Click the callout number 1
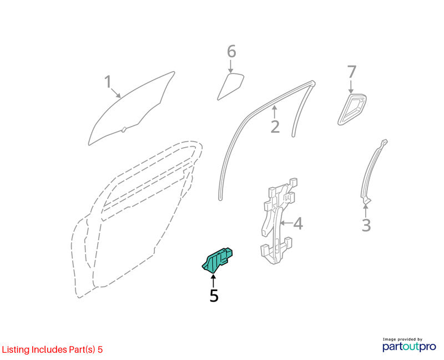coord(108,82)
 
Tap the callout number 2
coord(275,127)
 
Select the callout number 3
coord(366,226)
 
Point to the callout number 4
coord(298,223)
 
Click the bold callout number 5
coord(214,296)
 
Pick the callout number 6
coord(231,52)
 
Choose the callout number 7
coord(351,72)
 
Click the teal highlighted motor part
coord(218,260)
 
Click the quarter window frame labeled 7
coord(352,109)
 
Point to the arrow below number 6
coord(231,66)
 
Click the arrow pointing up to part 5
coord(213,281)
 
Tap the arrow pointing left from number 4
coord(286,223)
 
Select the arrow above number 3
coord(366,211)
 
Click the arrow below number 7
coord(351,87)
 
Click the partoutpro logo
coord(409,344)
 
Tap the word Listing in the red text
coord(16,350)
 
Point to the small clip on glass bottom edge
coord(123,130)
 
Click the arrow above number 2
coord(274,112)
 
